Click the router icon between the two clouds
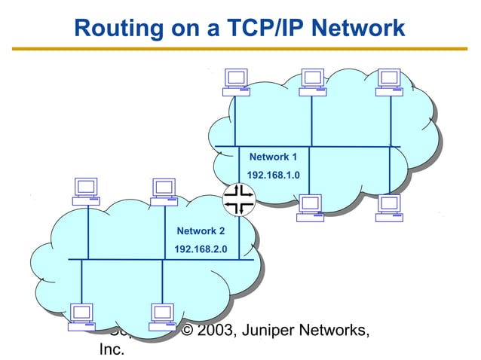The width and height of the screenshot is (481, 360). [240, 199]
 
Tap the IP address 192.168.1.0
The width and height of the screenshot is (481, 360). [274, 175]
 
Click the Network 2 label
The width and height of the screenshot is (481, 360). [201, 230]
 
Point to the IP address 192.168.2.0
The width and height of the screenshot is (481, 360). [201, 249]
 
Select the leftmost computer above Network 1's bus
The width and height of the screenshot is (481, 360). [236, 82]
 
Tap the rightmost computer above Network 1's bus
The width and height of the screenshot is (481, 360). [390, 82]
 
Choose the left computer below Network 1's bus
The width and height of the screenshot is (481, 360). [310, 207]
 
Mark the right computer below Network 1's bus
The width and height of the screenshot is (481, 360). [389, 207]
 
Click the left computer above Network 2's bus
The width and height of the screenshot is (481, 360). [86, 191]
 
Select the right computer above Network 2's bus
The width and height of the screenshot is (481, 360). [163, 191]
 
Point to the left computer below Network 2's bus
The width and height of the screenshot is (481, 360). [81, 317]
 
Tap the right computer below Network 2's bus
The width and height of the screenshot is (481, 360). [162, 317]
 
